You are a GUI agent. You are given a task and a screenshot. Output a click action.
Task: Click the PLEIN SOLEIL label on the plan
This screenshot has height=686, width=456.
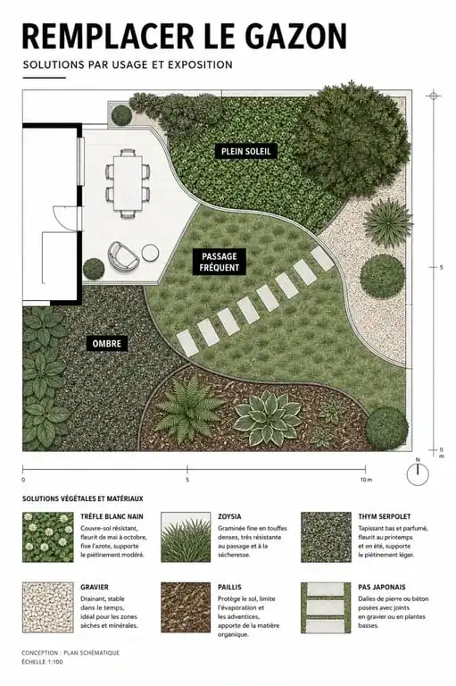[246, 151]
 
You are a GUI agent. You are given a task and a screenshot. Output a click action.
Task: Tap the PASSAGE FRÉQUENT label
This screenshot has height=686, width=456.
[219, 262]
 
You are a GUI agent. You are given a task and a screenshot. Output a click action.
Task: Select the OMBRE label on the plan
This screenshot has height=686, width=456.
[107, 343]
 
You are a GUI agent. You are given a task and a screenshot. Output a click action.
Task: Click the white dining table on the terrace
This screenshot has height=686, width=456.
[129, 183]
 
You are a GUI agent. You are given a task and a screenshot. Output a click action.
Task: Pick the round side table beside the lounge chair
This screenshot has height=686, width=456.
[150, 253]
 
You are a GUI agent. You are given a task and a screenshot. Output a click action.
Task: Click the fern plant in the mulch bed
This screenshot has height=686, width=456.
[187, 409]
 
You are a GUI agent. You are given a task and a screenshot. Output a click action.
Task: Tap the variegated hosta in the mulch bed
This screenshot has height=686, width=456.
[268, 416]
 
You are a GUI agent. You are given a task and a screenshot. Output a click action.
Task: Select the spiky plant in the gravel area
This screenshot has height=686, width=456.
[387, 222]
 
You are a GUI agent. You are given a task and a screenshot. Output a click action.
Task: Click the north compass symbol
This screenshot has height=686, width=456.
[418, 473]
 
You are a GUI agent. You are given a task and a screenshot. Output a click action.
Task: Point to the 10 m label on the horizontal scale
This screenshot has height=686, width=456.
[367, 480]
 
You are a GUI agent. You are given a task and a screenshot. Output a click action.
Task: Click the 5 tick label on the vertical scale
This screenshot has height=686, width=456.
[441, 267]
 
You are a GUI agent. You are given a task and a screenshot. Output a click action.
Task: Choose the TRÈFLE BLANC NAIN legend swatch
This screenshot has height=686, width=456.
[48, 537]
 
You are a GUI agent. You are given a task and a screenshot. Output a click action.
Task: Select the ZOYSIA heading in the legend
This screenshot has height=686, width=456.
[229, 516]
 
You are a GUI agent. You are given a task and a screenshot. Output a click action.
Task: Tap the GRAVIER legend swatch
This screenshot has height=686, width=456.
[48, 607]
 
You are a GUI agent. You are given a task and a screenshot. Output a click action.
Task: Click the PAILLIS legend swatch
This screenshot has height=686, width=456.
[186, 607]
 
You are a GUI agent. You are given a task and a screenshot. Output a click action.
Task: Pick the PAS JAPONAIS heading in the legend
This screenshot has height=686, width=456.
[382, 587]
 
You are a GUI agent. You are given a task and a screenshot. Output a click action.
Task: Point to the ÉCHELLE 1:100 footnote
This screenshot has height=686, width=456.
[42, 662]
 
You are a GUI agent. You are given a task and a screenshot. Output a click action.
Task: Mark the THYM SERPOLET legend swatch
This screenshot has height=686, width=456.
[326, 537]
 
